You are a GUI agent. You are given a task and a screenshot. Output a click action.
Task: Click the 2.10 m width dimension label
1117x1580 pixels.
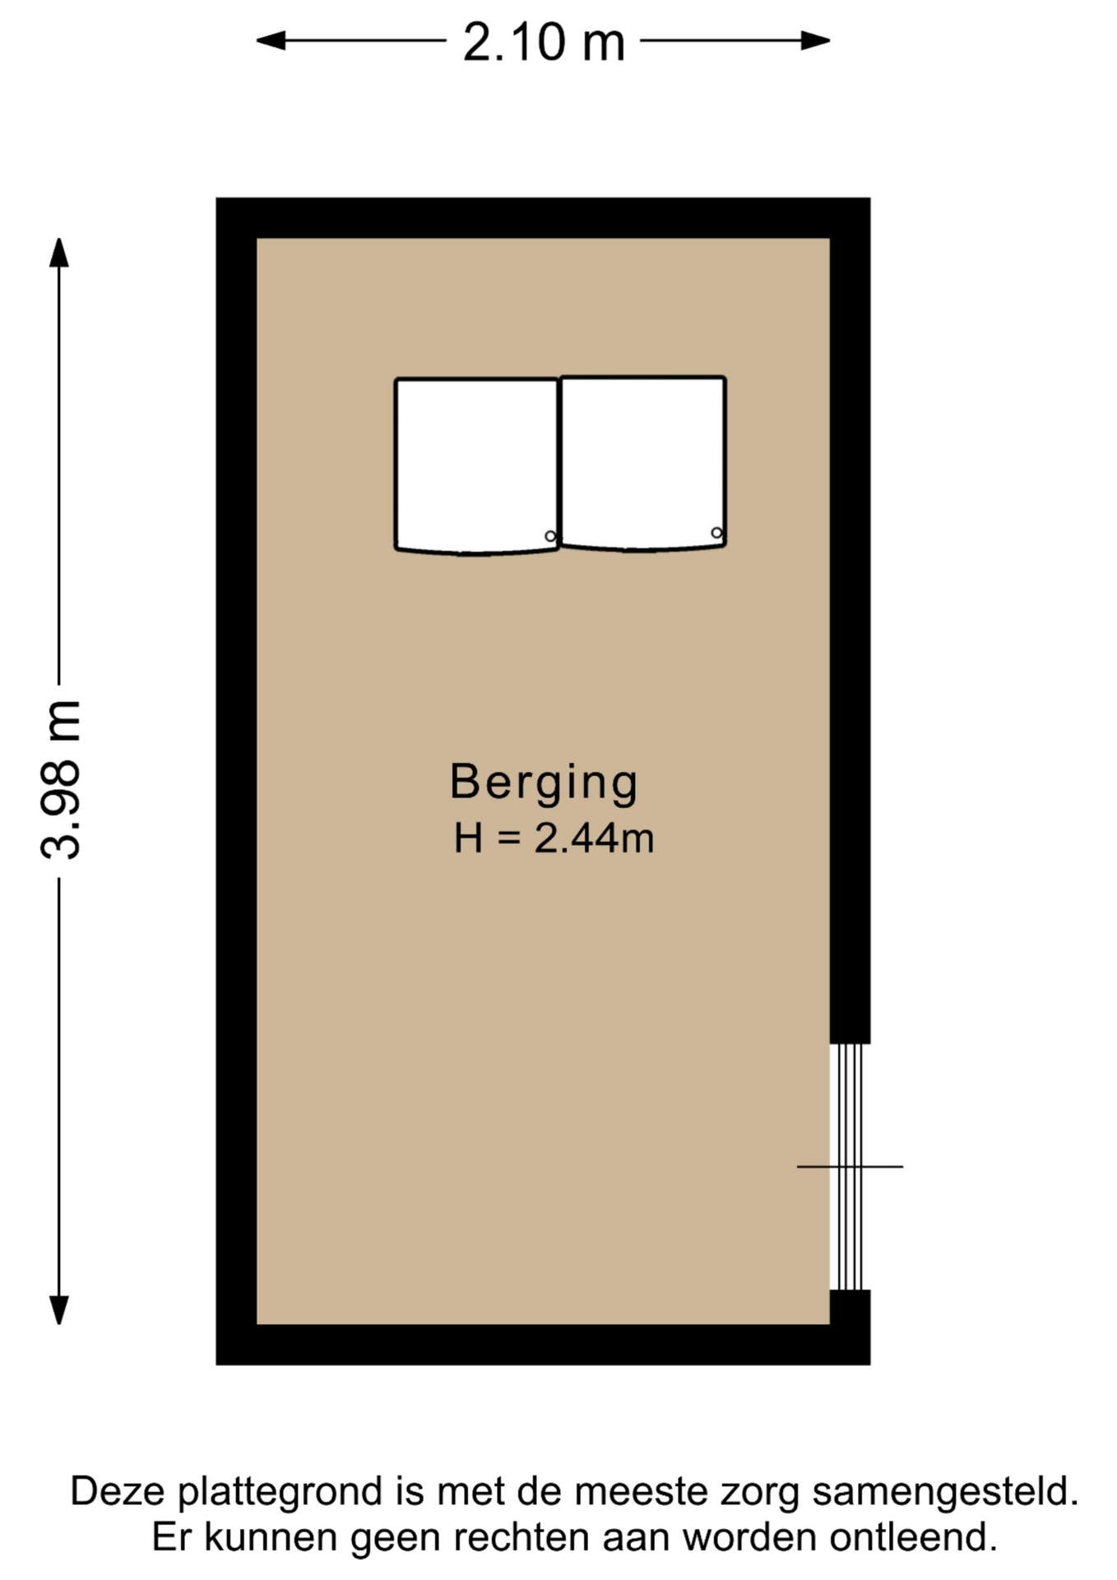[x=544, y=42]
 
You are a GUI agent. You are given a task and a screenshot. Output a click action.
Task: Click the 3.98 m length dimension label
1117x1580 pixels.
[x=61, y=780]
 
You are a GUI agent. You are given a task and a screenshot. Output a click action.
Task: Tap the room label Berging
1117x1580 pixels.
[x=544, y=783]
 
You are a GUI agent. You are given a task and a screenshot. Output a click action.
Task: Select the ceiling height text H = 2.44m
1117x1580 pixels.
[x=554, y=839]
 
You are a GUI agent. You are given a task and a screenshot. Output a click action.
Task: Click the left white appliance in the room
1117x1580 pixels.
[x=477, y=465]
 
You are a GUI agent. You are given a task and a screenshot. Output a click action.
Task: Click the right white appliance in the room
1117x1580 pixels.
[x=643, y=462]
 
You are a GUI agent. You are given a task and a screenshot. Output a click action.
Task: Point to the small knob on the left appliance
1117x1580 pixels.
[x=550, y=537]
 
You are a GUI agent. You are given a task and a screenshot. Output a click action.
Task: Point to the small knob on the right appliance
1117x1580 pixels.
[x=716, y=533]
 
